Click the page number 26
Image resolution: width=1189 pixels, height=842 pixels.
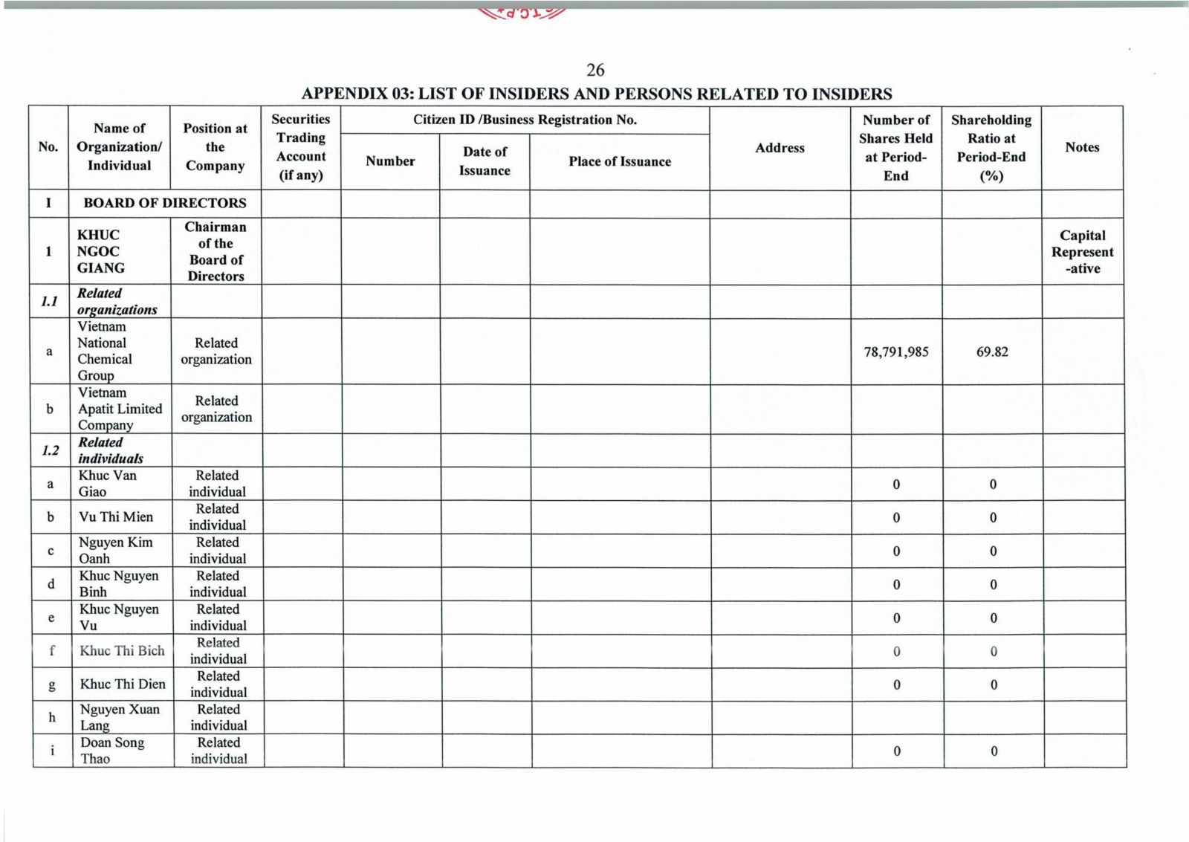point(595,70)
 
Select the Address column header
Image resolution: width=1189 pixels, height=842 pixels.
point(780,148)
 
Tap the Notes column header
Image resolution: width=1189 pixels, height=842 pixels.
point(1081,147)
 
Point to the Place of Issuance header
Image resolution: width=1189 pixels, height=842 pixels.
point(619,161)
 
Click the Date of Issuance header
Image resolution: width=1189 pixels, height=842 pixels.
point(485,161)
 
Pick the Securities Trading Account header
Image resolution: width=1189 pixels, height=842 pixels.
point(301,147)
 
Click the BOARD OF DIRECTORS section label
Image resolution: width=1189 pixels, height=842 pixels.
point(164,203)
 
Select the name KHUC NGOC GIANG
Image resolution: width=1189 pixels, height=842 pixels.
point(101,251)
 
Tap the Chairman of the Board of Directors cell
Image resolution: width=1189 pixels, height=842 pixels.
point(216,251)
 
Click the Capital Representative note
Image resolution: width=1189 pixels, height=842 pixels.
point(1082,252)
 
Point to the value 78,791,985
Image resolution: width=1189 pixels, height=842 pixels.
point(895,352)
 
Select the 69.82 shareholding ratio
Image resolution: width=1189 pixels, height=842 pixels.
point(992,352)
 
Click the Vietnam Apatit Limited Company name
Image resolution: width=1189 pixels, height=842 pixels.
point(120,409)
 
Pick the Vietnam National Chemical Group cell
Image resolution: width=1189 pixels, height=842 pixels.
point(105,351)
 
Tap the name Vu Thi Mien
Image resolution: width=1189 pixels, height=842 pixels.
point(116,517)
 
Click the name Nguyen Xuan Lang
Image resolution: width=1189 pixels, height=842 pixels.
point(119,717)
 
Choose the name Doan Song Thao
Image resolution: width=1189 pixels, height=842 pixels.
point(112,751)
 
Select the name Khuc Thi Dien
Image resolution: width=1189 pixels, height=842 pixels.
point(123,684)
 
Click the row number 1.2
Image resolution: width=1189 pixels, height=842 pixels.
point(50,450)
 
